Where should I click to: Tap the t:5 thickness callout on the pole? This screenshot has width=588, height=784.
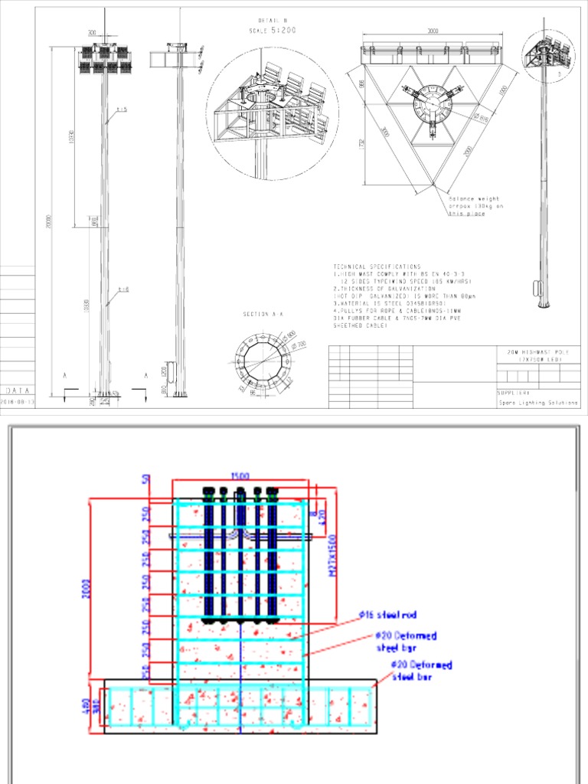tap(122, 110)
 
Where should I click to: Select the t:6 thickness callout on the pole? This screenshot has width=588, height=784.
tap(123, 289)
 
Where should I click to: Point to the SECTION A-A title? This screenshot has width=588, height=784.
tap(262, 315)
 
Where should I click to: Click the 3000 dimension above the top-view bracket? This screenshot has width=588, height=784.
tap(433, 32)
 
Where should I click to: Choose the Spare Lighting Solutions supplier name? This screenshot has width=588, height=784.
tap(537, 403)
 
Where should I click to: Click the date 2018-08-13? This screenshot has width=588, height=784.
tap(18, 401)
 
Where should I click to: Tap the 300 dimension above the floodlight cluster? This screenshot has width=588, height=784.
tap(92, 34)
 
